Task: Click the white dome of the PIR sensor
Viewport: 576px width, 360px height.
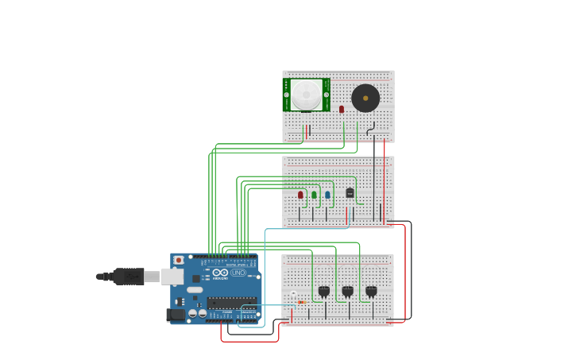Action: pyautogui.click(x=306, y=94)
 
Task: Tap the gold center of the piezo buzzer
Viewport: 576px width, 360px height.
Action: pyautogui.click(x=365, y=99)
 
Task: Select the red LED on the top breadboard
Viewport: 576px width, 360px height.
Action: pyautogui.click(x=342, y=109)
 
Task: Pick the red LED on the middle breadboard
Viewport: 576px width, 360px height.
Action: pyautogui.click(x=300, y=195)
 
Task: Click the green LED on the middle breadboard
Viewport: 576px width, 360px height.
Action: pyautogui.click(x=314, y=195)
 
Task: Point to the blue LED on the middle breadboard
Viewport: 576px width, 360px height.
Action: pyautogui.click(x=327, y=195)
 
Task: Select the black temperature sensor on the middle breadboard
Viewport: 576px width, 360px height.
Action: pyautogui.click(x=350, y=192)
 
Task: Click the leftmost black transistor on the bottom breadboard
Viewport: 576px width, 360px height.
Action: pyautogui.click(x=323, y=291)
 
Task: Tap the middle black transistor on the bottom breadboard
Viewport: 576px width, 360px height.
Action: pyautogui.click(x=347, y=291)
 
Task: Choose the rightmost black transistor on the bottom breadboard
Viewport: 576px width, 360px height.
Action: pyautogui.click(x=371, y=291)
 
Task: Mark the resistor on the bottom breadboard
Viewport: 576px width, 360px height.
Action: pyautogui.click(x=301, y=302)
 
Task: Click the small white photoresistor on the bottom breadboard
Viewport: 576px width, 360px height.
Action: pyautogui.click(x=293, y=294)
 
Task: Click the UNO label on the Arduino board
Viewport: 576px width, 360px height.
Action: pyautogui.click(x=239, y=273)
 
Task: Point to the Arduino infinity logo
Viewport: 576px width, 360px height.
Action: pyautogui.click(x=220, y=273)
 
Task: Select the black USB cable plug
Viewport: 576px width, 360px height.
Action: pyautogui.click(x=127, y=277)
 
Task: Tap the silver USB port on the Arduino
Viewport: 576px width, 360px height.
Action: pyautogui.click(x=172, y=277)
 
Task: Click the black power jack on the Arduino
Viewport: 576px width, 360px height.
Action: pyautogui.click(x=176, y=315)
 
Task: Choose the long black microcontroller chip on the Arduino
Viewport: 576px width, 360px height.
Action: pyautogui.click(x=232, y=303)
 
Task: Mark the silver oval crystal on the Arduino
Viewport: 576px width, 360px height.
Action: pyautogui.click(x=195, y=289)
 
